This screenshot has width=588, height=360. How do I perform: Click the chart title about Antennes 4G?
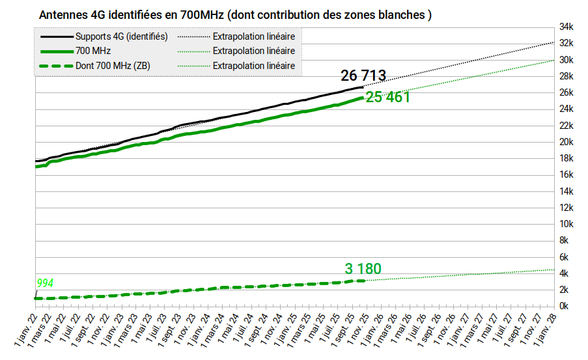235,14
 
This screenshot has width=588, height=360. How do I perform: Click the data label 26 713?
363,76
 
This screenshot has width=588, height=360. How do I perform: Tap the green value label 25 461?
387,98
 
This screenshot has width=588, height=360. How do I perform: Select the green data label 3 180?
363,269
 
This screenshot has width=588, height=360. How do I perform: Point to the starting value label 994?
45,283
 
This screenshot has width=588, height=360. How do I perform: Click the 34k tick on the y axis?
566,27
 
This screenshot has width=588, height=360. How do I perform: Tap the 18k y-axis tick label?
566,158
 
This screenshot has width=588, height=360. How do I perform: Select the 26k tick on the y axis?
566,92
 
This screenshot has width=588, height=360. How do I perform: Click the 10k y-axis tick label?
566,224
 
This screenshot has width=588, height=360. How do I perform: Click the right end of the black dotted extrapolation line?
554,42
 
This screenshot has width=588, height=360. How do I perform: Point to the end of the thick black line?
362,87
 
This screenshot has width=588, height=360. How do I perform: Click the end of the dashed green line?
362,280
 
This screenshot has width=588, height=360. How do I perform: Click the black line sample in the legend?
55,36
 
